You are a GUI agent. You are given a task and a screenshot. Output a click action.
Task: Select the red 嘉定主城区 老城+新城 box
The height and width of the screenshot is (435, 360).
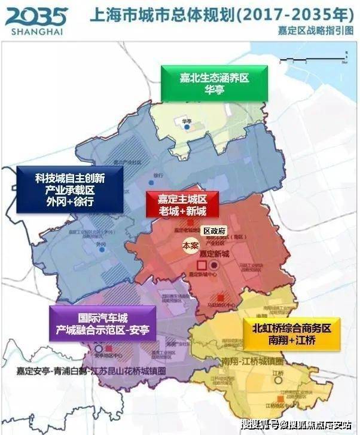click(182, 205)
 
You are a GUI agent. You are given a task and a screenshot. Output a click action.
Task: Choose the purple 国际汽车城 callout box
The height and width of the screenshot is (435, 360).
click(102, 324)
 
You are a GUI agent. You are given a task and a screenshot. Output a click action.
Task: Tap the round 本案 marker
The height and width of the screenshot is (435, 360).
click(190, 245)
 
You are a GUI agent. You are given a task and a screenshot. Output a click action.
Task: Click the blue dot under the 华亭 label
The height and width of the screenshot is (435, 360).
click(187, 127)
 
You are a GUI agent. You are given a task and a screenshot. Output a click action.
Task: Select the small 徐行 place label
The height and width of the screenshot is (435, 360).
click(158, 176)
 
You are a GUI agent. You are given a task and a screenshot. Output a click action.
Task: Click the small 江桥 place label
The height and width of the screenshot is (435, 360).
click(276, 373)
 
